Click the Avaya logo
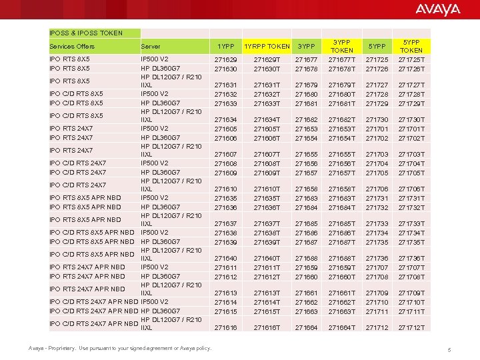point(437,9)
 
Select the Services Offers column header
point(72,46)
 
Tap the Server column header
point(150,46)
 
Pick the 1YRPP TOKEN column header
point(267,46)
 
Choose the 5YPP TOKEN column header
point(411,46)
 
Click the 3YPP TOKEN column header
point(342,46)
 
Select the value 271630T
point(267,69)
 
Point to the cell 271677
point(307,60)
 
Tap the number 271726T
point(411,69)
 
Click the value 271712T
point(411,328)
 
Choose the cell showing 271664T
point(342,328)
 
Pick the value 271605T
point(267,129)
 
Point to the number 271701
point(377,129)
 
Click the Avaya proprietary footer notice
point(120,348)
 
